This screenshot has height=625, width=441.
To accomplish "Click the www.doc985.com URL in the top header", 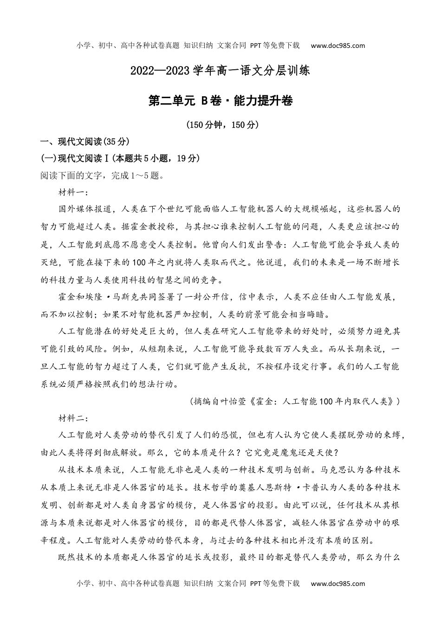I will [x=337, y=46].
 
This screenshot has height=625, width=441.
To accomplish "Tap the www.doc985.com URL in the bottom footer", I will [x=337, y=584].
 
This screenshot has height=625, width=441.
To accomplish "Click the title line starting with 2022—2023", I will [x=220, y=72].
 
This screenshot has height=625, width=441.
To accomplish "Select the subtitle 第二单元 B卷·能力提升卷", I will [x=220, y=100].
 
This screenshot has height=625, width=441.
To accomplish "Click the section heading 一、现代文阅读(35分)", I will [x=85, y=142].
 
